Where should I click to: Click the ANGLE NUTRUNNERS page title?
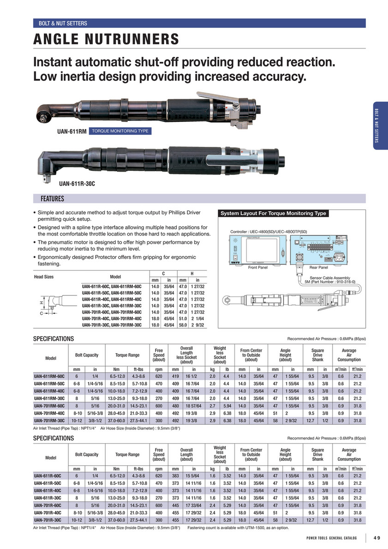click(x=106, y=39)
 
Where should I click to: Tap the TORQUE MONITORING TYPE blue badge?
click(x=120, y=131)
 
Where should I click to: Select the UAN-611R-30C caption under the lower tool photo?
click(x=77, y=184)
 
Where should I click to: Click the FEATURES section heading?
click(x=53, y=199)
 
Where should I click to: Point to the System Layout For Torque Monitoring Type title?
click(x=273, y=213)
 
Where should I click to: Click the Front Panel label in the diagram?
click(x=258, y=267)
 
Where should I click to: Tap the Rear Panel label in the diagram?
click(x=319, y=267)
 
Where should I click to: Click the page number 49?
click(x=377, y=538)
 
